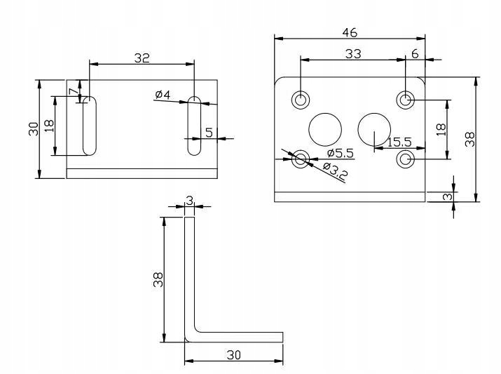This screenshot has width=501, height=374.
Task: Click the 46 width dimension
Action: [349, 32]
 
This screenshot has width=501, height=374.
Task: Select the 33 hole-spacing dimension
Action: [354, 53]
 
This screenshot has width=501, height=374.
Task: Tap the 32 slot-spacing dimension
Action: [142, 58]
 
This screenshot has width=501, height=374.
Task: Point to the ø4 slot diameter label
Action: [163, 94]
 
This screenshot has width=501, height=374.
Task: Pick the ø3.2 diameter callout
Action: [337, 171]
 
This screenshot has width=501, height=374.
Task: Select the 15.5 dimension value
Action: [400, 142]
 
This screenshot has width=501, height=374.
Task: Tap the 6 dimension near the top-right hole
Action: [415, 53]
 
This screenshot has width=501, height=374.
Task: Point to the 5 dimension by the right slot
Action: [208, 132]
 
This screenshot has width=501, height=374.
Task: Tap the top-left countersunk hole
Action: [301, 100]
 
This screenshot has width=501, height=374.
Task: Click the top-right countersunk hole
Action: [405, 100]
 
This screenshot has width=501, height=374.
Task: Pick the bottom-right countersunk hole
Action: [405, 159]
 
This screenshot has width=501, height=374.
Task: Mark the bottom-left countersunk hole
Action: [301, 159]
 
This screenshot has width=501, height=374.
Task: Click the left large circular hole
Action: [326, 128]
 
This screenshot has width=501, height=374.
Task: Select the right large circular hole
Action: [374, 128]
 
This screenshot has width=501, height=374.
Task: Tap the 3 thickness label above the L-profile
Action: [188, 201]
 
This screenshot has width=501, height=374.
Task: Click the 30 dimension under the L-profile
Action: [233, 355]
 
